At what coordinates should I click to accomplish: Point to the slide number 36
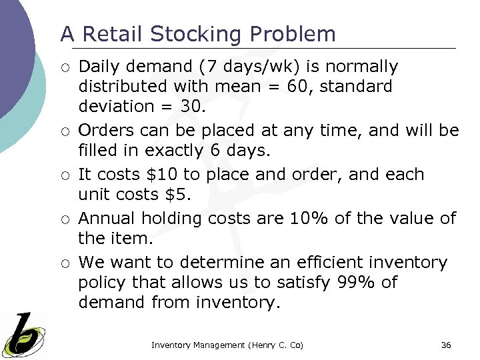click(x=446, y=345)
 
